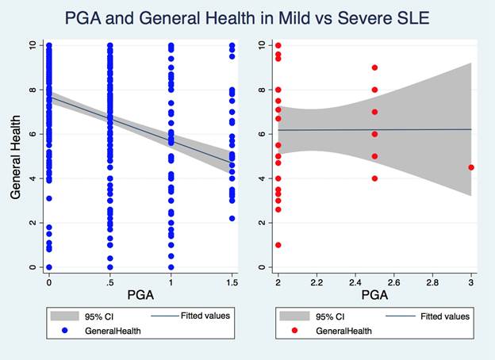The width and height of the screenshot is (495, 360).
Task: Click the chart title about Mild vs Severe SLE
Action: [x=247, y=17]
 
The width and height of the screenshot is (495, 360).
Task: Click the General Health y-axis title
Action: [x=15, y=155]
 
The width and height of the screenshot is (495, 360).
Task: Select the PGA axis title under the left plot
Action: [x=140, y=294]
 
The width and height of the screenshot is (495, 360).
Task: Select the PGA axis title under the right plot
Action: [x=374, y=294]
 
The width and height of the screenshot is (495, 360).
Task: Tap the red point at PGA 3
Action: [x=471, y=167]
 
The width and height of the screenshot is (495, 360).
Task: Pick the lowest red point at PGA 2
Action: [x=278, y=245]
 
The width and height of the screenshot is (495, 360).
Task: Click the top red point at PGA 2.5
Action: [x=374, y=67]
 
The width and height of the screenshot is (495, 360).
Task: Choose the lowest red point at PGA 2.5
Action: [x=374, y=178]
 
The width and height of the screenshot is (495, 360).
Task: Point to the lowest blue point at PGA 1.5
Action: [x=232, y=218]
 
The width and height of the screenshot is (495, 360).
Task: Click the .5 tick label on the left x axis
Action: [x=109, y=281]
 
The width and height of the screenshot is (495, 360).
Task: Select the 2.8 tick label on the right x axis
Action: [x=432, y=281]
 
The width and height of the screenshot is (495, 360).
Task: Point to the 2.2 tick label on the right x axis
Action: [x=317, y=281]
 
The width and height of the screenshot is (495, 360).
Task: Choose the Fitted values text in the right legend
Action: [x=445, y=316]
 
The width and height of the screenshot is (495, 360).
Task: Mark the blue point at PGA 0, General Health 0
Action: [x=48, y=267]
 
